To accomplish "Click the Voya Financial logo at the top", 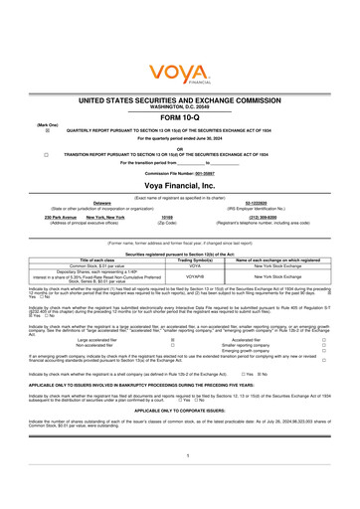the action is coord(179,73).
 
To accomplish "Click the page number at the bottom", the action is coord(180,482).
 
